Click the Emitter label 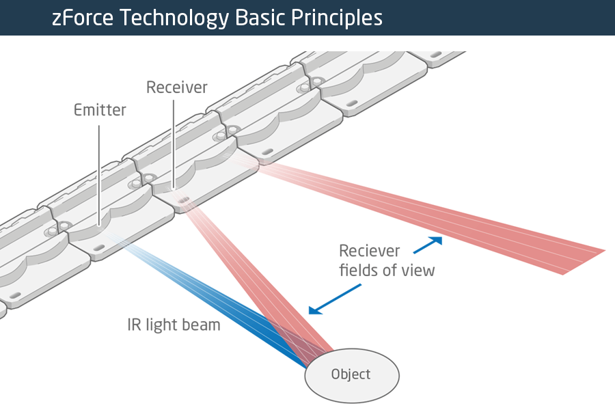click(x=100, y=110)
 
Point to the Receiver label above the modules click(x=177, y=87)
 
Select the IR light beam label click(x=174, y=325)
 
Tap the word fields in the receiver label click(x=359, y=270)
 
